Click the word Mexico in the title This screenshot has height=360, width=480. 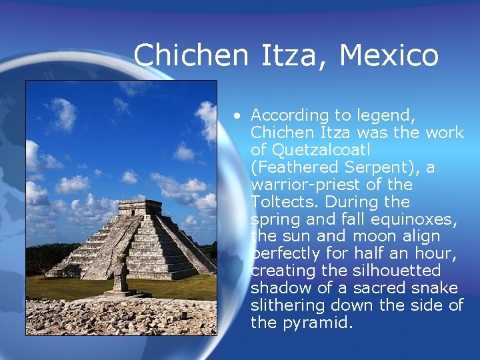tap(389, 55)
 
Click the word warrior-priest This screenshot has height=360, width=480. tap(300, 185)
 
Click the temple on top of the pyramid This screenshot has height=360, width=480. tap(140, 207)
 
